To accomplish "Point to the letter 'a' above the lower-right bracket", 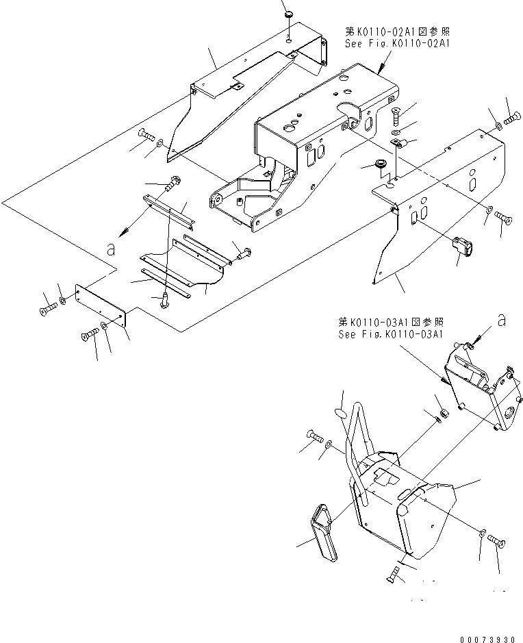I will pyautogui.click(x=502, y=319).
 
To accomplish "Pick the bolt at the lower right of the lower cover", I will pyautogui.click(x=497, y=543).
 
